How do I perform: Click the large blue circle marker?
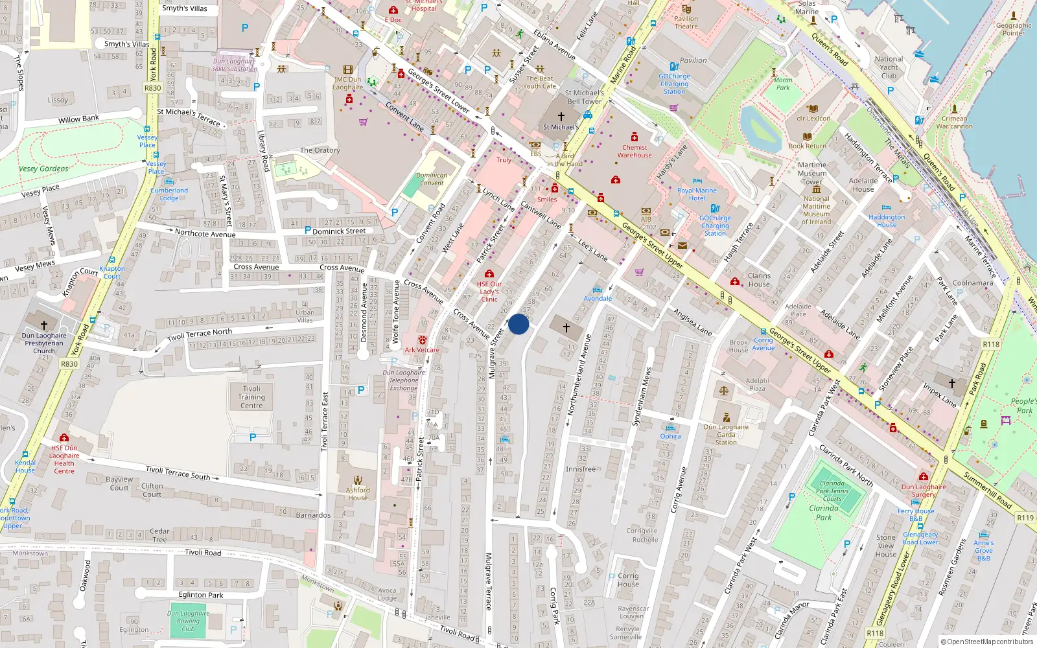(x=518, y=325)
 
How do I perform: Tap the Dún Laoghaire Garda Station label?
(x=726, y=434)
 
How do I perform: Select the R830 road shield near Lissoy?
(x=152, y=88)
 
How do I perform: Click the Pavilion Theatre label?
(x=686, y=22)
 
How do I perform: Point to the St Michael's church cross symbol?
(x=561, y=117)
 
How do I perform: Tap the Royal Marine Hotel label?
(x=697, y=194)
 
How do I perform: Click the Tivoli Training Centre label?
(x=251, y=397)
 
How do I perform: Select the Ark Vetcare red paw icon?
(x=423, y=340)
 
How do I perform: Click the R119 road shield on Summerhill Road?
(x=1025, y=517)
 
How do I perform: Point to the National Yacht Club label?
(x=889, y=67)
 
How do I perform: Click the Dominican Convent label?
(x=432, y=179)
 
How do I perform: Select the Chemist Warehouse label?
(x=635, y=151)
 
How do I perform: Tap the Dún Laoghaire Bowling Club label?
(x=188, y=620)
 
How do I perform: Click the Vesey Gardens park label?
(x=43, y=168)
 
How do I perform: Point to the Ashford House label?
(x=358, y=494)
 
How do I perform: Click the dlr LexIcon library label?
(x=813, y=119)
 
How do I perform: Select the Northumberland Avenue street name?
(x=579, y=375)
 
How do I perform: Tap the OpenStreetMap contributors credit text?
(x=987, y=642)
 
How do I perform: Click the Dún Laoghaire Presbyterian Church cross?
(x=44, y=325)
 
